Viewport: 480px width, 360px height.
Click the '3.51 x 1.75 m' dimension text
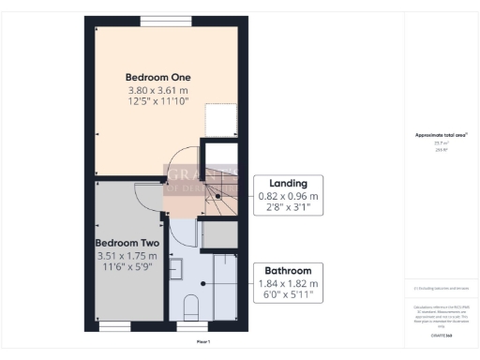[x=128, y=255]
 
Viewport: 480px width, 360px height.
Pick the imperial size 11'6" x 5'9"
[x=128, y=267]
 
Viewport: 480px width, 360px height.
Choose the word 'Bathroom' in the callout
[x=291, y=271]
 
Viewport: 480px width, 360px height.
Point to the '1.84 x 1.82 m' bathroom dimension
[x=291, y=284]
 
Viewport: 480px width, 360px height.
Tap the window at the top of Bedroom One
[x=166, y=20]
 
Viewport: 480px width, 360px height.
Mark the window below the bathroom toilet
[x=190, y=325]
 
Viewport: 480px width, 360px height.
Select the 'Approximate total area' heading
[x=442, y=136]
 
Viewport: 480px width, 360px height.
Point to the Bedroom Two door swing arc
[x=144, y=194]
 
